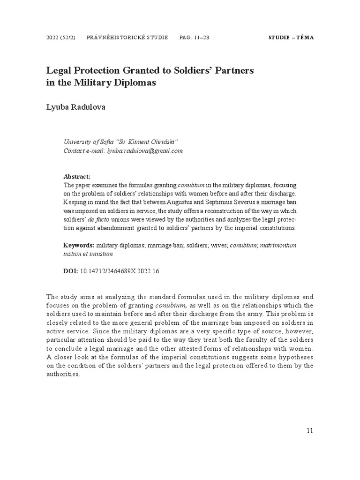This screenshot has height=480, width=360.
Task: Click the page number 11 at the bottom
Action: [x=309, y=430]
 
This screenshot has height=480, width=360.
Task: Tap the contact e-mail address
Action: [x=145, y=151]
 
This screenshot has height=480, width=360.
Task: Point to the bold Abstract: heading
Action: [x=77, y=177]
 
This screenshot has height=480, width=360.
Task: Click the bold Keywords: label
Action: [x=79, y=245]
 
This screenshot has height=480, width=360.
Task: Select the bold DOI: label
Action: [x=71, y=271]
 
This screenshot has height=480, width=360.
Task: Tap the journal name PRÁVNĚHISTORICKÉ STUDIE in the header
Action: [x=127, y=37]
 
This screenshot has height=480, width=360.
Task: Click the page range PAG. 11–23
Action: [x=194, y=37]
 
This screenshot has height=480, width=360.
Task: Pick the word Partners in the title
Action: [x=233, y=70]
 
